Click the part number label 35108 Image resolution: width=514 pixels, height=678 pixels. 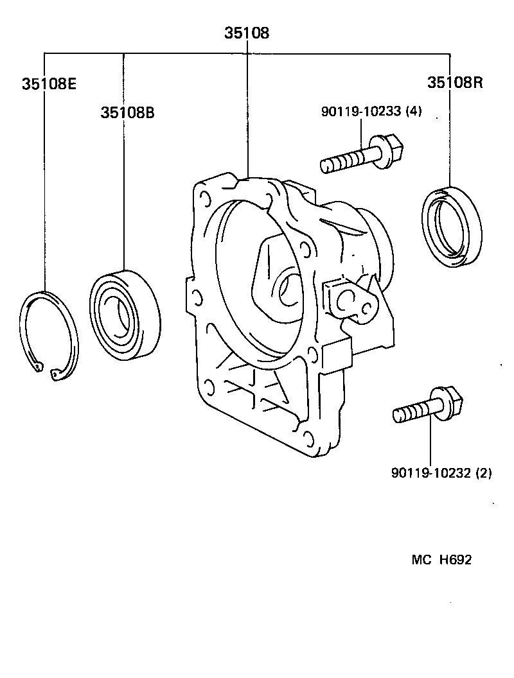[x=247, y=33]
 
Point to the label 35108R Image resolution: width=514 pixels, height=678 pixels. [x=455, y=83]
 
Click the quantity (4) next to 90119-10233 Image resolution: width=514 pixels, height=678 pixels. [x=413, y=112]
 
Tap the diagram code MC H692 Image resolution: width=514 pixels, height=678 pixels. [x=441, y=560]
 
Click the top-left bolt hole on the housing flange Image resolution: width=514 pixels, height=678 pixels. [x=205, y=196]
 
